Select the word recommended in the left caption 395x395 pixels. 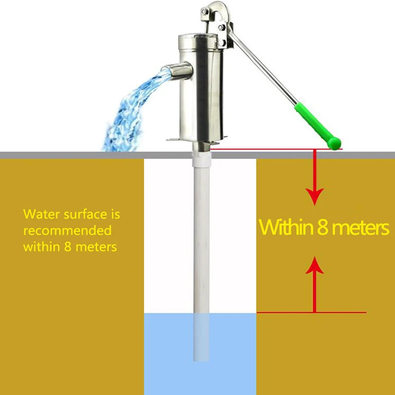point(67,231)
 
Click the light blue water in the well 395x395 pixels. point(168,351)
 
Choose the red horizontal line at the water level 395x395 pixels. point(336,312)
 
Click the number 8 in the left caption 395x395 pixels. point(67,246)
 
